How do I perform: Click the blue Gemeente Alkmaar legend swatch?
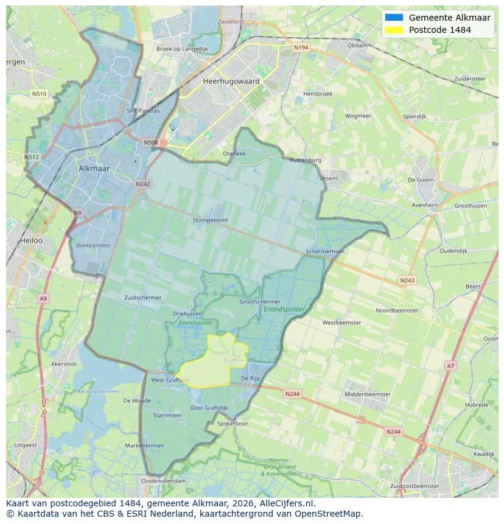(394, 18)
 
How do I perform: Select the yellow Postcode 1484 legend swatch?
(394, 30)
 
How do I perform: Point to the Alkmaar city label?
(94, 168)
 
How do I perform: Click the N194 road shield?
(301, 47)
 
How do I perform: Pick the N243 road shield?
(407, 280)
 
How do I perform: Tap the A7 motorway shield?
(450, 366)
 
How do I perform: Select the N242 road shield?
(142, 184)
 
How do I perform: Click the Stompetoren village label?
(210, 220)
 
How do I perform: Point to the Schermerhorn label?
(325, 251)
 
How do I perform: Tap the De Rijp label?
(250, 378)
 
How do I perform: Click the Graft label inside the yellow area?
(230, 360)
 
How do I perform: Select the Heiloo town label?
(31, 240)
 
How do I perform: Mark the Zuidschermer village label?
(143, 298)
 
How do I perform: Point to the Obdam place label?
(357, 45)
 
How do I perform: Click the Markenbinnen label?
(144, 445)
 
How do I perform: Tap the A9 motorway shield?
(43, 298)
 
